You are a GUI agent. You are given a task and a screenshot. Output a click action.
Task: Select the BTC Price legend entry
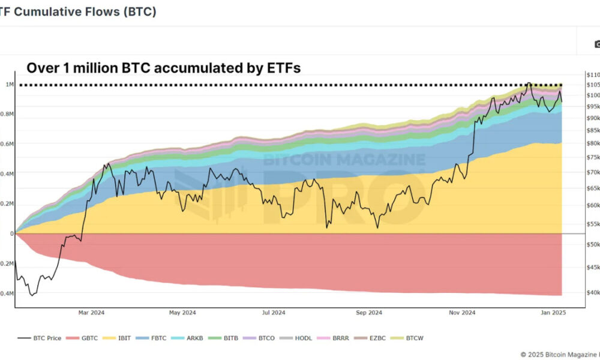pyautogui.click(x=40, y=338)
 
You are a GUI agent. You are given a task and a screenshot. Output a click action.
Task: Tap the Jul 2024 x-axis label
pyautogui.click(x=274, y=313)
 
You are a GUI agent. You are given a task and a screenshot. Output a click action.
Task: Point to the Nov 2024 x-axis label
pyautogui.click(x=462, y=313)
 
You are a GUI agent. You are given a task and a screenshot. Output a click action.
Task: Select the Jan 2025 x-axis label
pyautogui.click(x=553, y=313)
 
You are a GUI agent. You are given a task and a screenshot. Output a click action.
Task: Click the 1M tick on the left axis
pyautogui.click(x=10, y=85)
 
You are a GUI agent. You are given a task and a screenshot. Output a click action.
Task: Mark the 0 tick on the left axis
pyautogui.click(x=11, y=233)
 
